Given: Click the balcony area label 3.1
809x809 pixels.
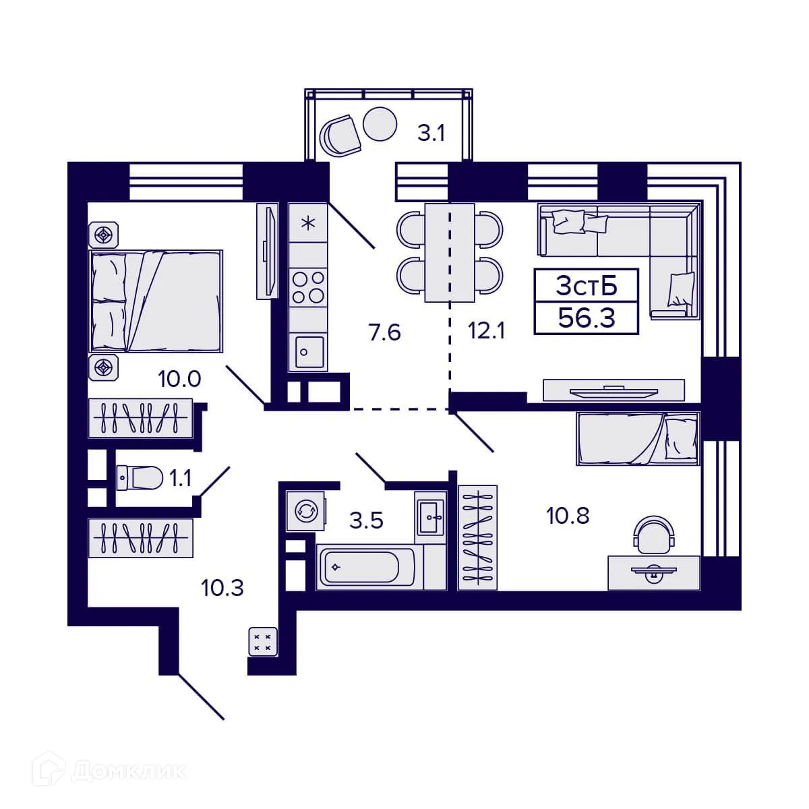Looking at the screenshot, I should click(x=431, y=133).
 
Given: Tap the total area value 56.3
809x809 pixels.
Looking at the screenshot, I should click(x=587, y=318).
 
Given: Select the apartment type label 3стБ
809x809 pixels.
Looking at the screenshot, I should click(x=587, y=286).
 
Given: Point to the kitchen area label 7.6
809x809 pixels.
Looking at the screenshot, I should click(x=385, y=332).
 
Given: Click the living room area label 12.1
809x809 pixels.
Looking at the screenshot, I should click(x=487, y=331).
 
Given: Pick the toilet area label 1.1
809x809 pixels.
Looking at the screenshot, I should click(x=180, y=479).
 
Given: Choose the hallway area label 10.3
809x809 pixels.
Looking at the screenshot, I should click(x=222, y=588).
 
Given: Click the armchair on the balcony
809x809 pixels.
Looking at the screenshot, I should click(x=340, y=136).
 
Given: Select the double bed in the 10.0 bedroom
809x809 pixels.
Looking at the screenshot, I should click(x=156, y=301).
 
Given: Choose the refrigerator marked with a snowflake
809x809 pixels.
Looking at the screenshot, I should click(x=308, y=223).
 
